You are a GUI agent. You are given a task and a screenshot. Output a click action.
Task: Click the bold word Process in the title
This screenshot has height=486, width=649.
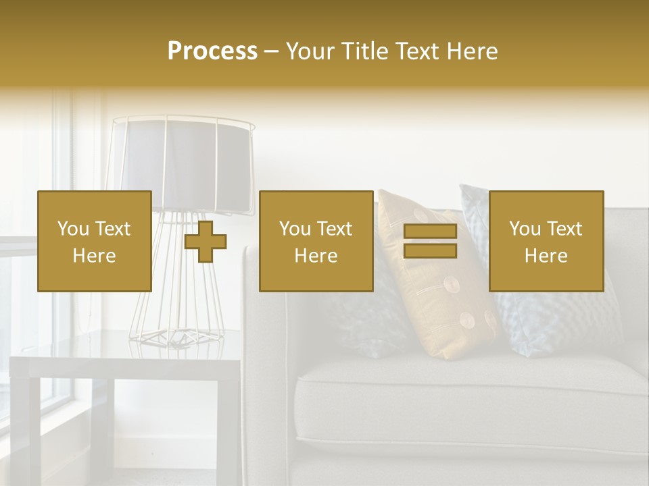pyautogui.click(x=212, y=51)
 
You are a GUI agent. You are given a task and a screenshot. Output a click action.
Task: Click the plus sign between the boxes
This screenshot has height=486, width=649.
pyautogui.click(x=206, y=242)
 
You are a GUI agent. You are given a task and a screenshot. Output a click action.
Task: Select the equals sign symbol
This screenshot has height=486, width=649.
pyautogui.click(x=430, y=242)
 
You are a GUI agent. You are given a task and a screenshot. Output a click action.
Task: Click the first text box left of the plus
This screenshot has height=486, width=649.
pyautogui.click(x=94, y=241)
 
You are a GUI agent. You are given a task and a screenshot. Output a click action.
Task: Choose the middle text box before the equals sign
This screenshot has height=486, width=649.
pyautogui.click(x=316, y=241)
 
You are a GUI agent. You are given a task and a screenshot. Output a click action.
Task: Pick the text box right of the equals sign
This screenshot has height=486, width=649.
pyautogui.click(x=546, y=241)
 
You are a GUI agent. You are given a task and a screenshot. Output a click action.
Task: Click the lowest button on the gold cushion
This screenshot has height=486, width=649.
pyautogui.click(x=467, y=319)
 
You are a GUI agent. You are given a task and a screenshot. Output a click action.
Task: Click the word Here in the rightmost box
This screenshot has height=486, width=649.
pyautogui.click(x=546, y=255)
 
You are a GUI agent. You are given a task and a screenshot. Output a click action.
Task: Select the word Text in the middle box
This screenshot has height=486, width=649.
pyautogui.click(x=335, y=229)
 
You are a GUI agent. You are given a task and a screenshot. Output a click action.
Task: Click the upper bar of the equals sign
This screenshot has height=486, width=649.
pyautogui.click(x=430, y=232)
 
